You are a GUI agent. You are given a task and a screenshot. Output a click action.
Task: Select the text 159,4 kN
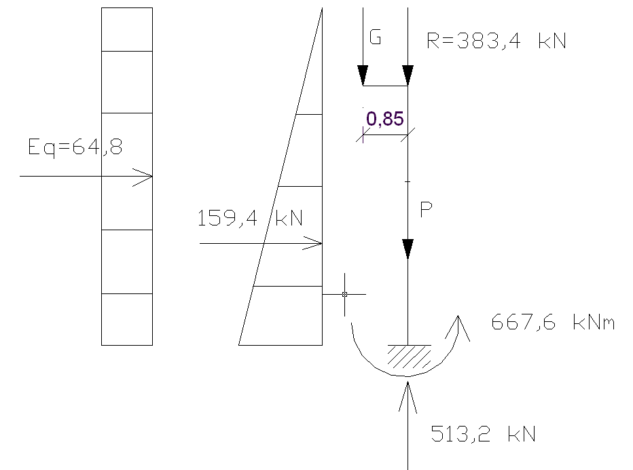(250, 219)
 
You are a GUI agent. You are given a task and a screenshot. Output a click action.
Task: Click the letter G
(374, 38)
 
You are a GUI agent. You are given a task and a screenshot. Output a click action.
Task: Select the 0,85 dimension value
(385, 120)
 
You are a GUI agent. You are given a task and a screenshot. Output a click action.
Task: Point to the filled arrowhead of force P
(408, 249)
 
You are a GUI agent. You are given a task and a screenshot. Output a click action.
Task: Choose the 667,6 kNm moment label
(553, 323)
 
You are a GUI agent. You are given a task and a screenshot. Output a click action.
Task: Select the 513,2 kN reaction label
(484, 433)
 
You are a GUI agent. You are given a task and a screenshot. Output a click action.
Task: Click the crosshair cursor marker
(344, 294)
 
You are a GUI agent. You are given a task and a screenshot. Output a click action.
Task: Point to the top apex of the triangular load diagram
(322, 9)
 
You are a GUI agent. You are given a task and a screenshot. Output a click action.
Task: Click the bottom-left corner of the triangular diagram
(240, 344)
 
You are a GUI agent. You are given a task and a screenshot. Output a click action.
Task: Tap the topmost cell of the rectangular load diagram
(127, 29)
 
